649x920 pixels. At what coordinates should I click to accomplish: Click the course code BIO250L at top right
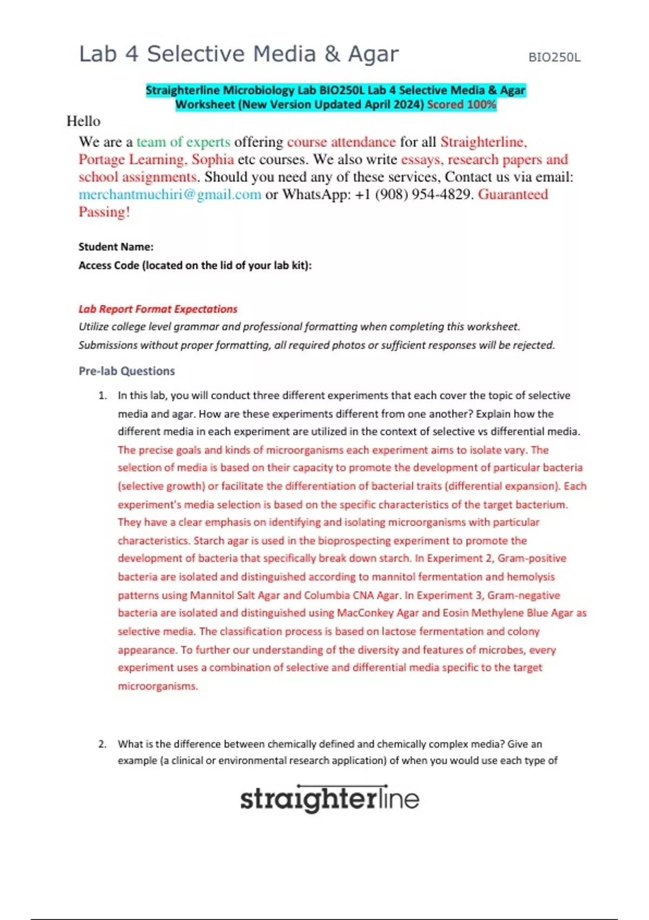coord(554,57)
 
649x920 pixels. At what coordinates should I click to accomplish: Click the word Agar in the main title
coord(373,54)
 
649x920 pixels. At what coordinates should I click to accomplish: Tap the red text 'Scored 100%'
coord(461,104)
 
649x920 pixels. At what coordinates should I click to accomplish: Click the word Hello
coord(83,121)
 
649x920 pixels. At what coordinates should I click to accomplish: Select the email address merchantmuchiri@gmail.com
coord(170,194)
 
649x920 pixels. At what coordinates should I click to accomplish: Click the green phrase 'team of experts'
coord(183,142)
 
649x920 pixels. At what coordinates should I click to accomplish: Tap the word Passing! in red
coord(104,212)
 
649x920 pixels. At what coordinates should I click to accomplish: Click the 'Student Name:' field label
coord(116,247)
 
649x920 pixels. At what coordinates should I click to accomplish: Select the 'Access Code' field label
coord(195,265)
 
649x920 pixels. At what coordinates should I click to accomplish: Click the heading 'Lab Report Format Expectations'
coord(158,309)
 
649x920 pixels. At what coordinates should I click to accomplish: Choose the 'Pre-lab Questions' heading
coord(127,371)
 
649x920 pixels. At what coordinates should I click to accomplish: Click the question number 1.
coord(102,396)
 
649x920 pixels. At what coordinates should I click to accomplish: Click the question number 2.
coord(102,744)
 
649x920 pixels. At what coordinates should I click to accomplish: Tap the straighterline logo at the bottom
coord(329,798)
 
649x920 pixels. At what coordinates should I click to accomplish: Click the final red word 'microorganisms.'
coord(158,686)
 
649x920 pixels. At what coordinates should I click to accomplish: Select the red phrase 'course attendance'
coord(341,142)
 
